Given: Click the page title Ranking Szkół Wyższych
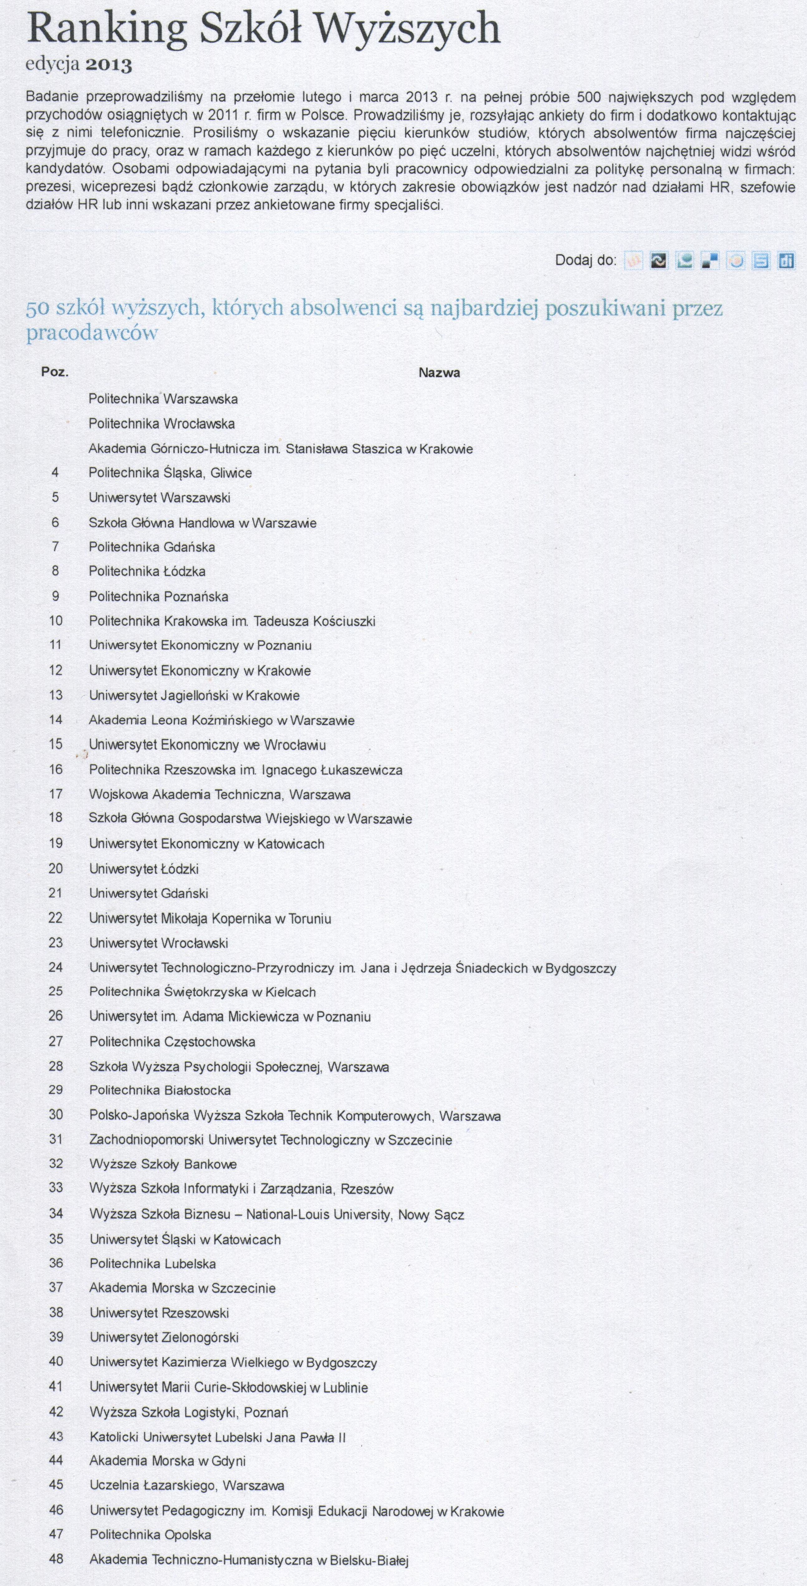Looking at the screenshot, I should click(263, 30).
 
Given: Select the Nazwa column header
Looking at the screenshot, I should click(439, 372).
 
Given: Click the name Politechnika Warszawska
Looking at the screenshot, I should click(163, 399).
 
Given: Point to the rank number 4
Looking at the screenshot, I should click(56, 473).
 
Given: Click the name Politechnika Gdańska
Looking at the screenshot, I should click(152, 547).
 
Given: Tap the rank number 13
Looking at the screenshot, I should click(56, 695).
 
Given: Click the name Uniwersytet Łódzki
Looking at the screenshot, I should click(144, 869).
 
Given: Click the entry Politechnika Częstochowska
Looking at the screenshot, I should click(172, 1042).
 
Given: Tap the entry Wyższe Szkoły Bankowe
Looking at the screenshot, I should click(163, 1164).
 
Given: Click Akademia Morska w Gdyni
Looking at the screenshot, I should click(167, 1461).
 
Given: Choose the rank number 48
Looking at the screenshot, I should click(56, 1560).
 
